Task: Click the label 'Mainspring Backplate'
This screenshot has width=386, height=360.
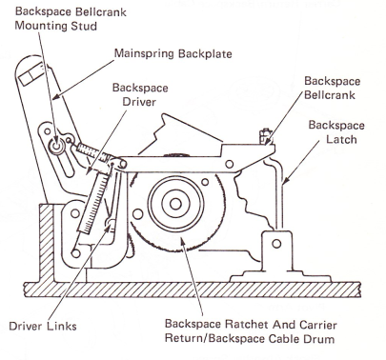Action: click(173, 53)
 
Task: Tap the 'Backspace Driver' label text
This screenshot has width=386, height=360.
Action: click(140, 94)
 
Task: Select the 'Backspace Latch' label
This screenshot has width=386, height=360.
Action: click(336, 131)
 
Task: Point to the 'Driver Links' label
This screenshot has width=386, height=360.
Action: click(43, 326)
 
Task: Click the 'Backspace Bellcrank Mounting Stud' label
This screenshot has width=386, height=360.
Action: click(71, 18)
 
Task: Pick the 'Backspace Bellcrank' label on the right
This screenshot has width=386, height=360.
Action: click(332, 88)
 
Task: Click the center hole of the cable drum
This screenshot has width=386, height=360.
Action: click(175, 204)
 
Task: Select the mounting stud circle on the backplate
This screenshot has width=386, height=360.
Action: click(57, 147)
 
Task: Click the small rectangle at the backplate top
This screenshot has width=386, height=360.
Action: click(31, 74)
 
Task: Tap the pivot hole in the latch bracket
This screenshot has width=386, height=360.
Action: click(276, 244)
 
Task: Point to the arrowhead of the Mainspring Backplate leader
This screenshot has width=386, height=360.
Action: click(54, 98)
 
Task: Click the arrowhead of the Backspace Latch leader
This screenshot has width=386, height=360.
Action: click(285, 182)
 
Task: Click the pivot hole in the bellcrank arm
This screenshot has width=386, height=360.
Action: click(229, 164)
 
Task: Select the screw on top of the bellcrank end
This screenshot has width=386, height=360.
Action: click(265, 136)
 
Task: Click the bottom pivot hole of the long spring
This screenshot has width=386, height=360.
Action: click(75, 253)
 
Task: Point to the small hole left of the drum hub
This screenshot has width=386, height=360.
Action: click(137, 214)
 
